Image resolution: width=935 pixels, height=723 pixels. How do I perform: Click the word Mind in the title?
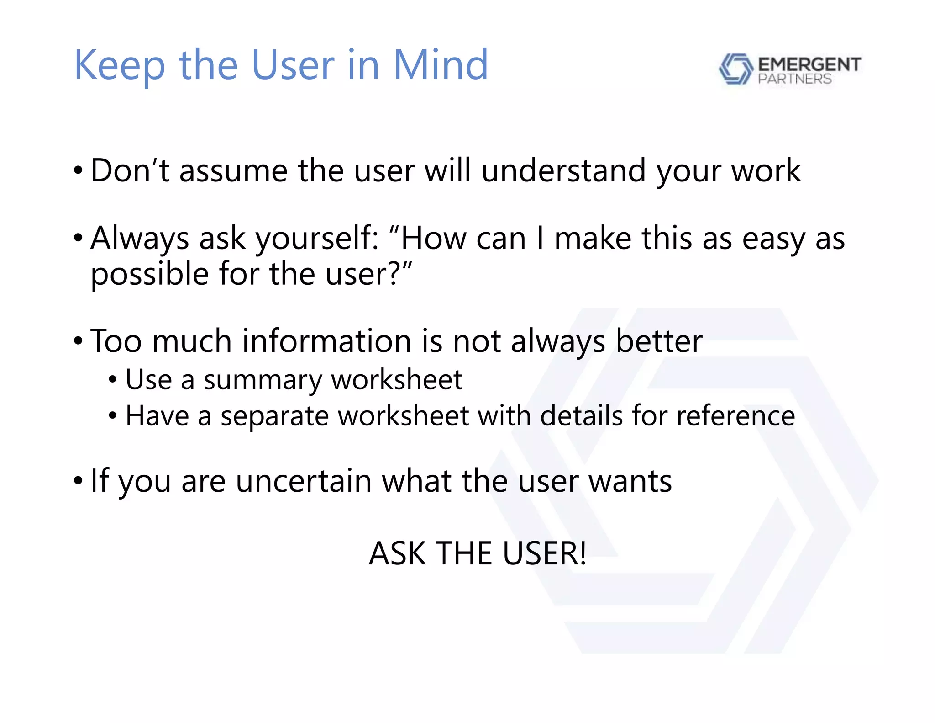point(441,65)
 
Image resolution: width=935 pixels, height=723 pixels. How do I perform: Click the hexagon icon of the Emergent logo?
point(735,69)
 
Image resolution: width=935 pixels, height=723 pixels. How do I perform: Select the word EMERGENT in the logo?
point(809,64)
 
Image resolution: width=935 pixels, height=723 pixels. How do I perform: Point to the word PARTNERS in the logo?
point(794,79)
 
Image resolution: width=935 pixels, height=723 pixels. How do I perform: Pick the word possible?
point(150,274)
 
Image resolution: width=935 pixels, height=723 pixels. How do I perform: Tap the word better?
point(659,341)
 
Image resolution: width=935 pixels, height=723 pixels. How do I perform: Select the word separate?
point(274,416)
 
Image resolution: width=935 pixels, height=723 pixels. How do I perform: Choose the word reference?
point(735,416)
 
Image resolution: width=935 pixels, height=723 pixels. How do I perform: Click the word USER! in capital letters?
point(544,553)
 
